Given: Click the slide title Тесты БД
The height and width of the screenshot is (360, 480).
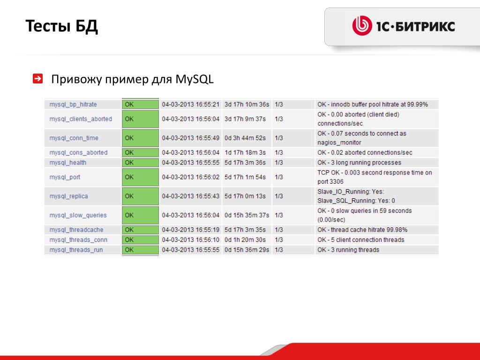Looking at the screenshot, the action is [x=61, y=26].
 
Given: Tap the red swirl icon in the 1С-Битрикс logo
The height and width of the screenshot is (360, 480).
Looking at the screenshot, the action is [x=362, y=26].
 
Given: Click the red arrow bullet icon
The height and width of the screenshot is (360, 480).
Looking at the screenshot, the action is [x=37, y=78].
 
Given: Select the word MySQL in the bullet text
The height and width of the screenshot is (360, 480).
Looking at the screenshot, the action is [x=195, y=79].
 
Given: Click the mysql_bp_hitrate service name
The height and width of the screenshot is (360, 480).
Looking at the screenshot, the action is [x=73, y=105].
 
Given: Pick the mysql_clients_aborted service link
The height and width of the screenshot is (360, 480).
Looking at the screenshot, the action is [x=81, y=119].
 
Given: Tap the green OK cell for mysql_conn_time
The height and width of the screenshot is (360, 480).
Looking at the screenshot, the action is [x=140, y=138].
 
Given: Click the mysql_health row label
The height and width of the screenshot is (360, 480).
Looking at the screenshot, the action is [x=68, y=163].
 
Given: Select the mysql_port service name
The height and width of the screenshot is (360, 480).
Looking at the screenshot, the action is [x=65, y=177].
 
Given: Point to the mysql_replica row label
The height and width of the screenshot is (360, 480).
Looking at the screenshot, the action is [x=68, y=196].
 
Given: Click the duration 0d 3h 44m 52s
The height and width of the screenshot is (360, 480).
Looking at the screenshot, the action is [x=245, y=138].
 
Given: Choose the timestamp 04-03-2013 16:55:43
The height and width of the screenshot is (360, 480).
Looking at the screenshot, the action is [x=191, y=196].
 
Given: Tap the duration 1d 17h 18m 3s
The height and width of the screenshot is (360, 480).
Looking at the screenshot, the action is [x=245, y=152].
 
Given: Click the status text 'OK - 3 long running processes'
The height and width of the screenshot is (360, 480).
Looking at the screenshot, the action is [x=360, y=163].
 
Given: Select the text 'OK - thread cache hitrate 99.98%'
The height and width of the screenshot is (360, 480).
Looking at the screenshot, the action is [x=362, y=230].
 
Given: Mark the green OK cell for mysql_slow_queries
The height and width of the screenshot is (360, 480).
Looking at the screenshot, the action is [x=140, y=215].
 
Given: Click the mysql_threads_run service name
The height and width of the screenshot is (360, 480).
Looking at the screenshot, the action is [x=76, y=250].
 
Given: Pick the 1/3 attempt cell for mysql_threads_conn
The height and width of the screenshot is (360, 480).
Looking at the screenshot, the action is [x=279, y=240].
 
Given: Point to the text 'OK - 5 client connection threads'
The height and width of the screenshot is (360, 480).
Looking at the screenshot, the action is [x=361, y=240].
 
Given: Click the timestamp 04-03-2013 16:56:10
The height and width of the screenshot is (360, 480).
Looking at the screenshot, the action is [x=191, y=240].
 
